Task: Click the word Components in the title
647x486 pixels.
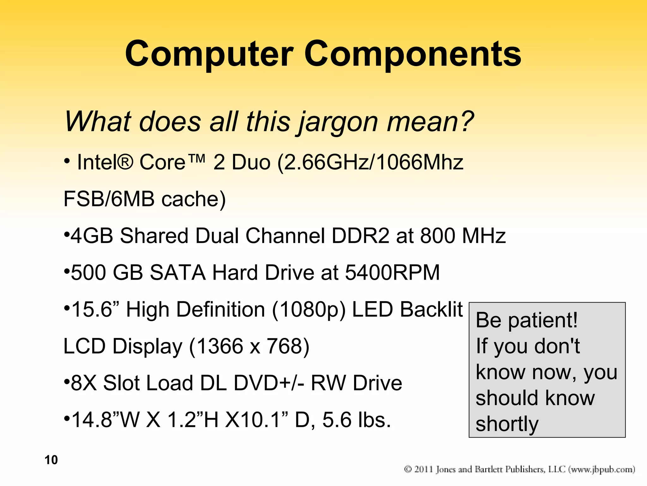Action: coord(413,54)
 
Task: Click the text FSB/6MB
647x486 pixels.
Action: coord(109,199)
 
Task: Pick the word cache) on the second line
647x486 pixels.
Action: coord(194,199)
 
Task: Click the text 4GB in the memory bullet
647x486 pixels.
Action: coord(92,236)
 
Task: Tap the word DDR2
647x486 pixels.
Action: coord(360,236)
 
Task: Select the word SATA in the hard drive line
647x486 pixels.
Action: coord(178,272)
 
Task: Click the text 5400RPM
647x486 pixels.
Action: coord(392,272)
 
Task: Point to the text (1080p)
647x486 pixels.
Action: coord(309,310)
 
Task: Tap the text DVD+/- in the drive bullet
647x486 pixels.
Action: coord(269,383)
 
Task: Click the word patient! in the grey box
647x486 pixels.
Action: coord(543,321)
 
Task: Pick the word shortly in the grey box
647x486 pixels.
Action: coord(507,425)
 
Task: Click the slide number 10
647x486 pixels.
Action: coord(51,460)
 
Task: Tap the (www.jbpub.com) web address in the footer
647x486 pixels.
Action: coord(602,469)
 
